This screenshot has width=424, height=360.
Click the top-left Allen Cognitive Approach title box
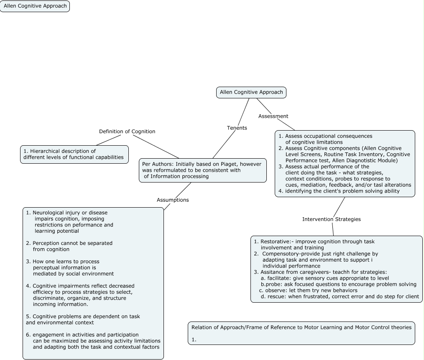tap(35, 6)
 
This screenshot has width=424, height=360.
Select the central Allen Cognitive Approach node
tap(251, 92)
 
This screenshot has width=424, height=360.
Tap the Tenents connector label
tap(237, 128)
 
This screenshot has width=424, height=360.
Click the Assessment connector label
tap(273, 116)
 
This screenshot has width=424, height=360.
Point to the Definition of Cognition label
tap(127, 131)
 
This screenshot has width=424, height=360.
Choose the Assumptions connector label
tap(173, 200)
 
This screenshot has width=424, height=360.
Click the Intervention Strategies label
tap(331, 219)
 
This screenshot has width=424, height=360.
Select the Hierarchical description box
tap(74, 154)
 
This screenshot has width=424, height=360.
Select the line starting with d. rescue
tap(340, 296)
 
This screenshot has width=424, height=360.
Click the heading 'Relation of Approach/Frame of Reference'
tap(301, 327)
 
